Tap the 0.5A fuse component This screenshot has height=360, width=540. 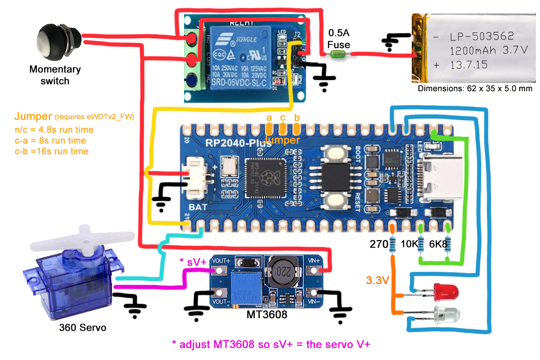(338, 54)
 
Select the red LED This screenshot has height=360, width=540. (445, 293)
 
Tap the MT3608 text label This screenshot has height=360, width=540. (266, 314)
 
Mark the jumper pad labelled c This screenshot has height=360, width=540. (283, 127)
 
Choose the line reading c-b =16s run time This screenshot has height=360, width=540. (51, 151)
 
